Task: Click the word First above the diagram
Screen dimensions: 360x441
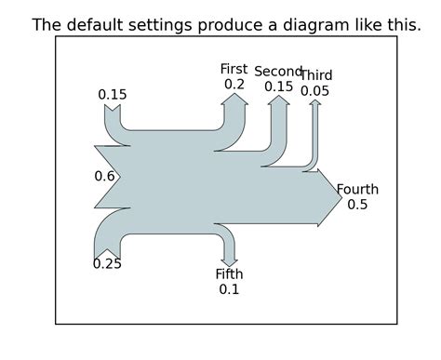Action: point(234,69)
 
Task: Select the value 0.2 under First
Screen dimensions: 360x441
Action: point(234,84)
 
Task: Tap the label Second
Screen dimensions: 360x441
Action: point(278,72)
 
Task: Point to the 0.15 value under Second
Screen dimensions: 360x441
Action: point(278,87)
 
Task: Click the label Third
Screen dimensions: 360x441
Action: point(316,75)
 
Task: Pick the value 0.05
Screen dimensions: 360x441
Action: point(315,91)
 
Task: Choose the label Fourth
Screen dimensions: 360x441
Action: point(357,190)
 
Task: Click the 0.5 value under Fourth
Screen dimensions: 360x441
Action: point(357,205)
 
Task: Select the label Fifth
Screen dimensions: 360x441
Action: point(229,273)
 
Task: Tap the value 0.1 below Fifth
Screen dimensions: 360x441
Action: point(229,289)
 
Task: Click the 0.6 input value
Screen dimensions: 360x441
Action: point(104,176)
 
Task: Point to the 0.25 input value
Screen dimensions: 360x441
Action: point(107,264)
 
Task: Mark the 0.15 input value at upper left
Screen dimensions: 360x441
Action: point(112,94)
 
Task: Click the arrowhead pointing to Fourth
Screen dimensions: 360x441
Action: point(332,197)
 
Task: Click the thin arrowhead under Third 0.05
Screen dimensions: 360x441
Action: point(315,102)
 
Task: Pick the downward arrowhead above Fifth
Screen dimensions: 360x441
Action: point(229,260)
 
